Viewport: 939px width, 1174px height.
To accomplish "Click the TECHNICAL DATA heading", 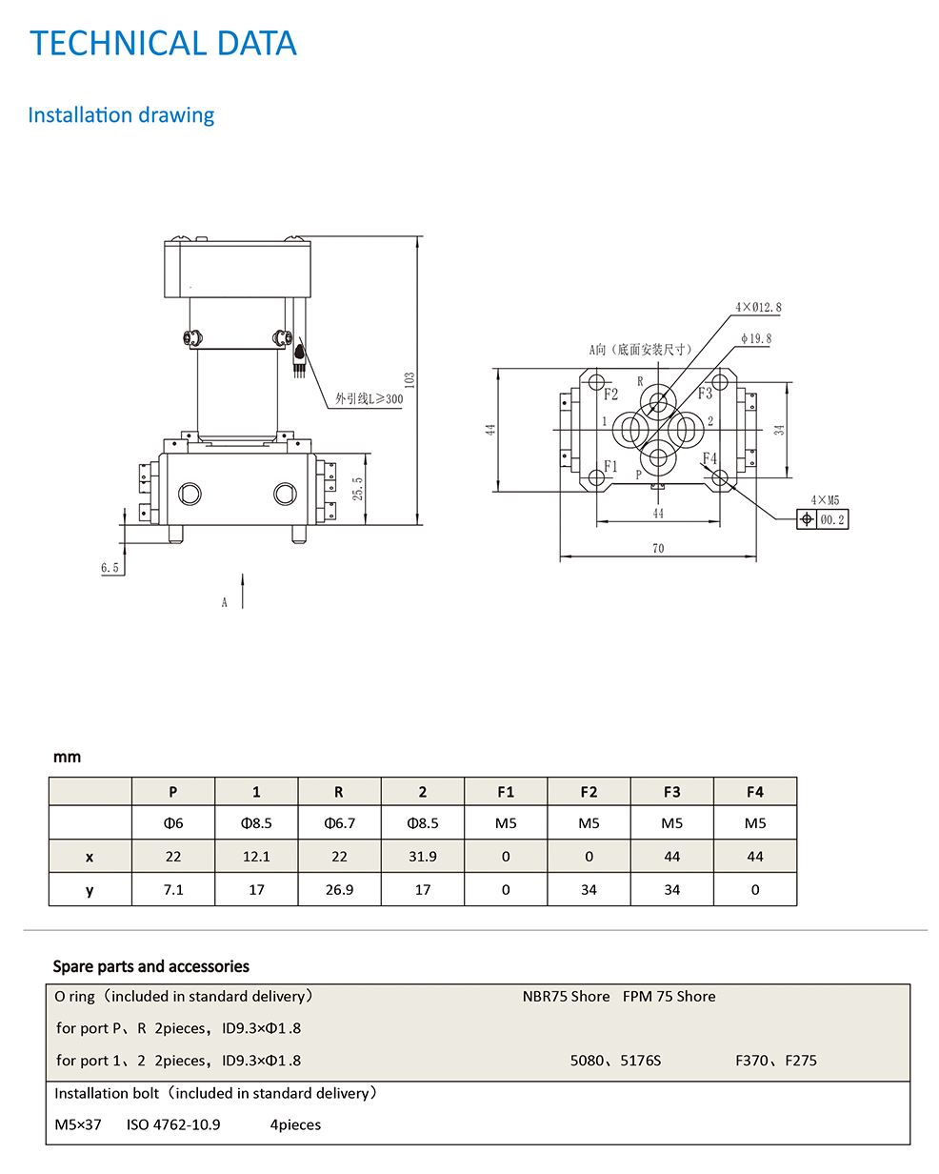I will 163,44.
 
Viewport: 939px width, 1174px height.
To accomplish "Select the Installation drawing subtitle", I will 121,115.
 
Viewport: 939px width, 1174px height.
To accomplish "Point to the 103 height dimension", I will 410,379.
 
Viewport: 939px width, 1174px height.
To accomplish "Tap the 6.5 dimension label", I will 110,568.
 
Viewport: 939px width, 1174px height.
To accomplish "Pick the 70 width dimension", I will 658,548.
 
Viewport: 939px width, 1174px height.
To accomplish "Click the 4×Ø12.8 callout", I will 758,308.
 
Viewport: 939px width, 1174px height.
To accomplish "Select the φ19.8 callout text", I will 756,338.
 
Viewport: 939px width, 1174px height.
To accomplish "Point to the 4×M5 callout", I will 825,499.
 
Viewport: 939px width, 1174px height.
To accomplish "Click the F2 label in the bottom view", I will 610,395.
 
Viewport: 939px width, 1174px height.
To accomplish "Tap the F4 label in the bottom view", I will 709,458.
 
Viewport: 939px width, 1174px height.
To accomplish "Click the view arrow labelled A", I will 243,592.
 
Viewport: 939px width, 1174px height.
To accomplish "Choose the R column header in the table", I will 339,792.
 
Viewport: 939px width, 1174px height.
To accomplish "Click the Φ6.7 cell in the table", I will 339,823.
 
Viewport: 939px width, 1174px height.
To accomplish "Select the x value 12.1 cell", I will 256,857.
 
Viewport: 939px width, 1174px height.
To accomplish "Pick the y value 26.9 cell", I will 339,890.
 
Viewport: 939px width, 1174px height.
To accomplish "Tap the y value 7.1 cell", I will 173,890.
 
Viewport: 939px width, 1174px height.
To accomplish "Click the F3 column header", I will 671,792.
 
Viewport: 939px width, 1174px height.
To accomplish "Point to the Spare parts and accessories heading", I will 150,966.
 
